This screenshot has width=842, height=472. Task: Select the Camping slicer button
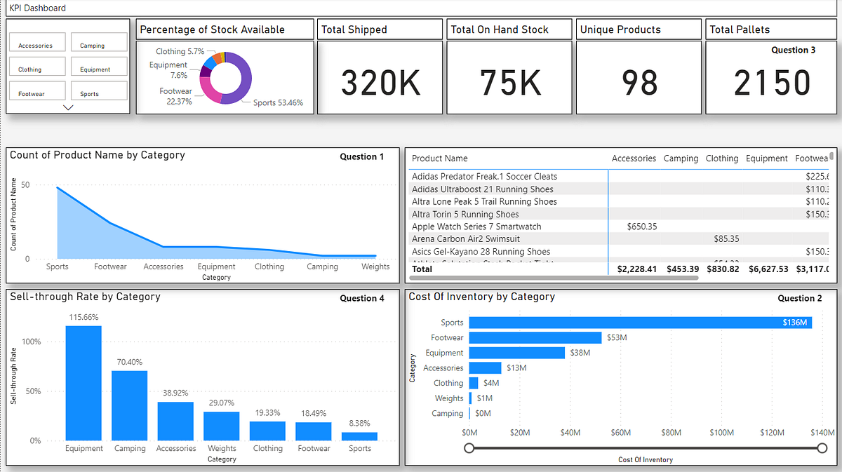pyautogui.click(x=99, y=43)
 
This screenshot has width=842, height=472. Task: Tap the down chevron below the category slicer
pyautogui.click(x=68, y=107)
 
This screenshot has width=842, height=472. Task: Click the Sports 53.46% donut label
pyautogui.click(x=278, y=102)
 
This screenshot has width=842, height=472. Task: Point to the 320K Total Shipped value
pyautogui.click(x=381, y=83)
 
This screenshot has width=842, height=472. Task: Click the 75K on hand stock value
pyautogui.click(x=510, y=83)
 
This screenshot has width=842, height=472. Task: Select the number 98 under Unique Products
pyautogui.click(x=639, y=83)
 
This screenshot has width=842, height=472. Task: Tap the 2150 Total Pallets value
pyautogui.click(x=772, y=83)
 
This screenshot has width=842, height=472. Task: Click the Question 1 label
pyautogui.click(x=362, y=157)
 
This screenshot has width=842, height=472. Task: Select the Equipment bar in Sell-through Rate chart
pyautogui.click(x=83, y=383)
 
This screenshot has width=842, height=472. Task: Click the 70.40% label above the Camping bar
pyautogui.click(x=130, y=362)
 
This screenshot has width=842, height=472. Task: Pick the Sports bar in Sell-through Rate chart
pyautogui.click(x=359, y=436)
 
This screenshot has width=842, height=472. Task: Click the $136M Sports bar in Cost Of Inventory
pyautogui.click(x=640, y=323)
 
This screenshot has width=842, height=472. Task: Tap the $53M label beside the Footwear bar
pyautogui.click(x=616, y=338)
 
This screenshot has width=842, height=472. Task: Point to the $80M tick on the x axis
pyautogui.click(x=671, y=433)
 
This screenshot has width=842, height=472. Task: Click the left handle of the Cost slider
pyautogui.click(x=469, y=447)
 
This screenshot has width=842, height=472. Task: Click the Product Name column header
pyautogui.click(x=439, y=159)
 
